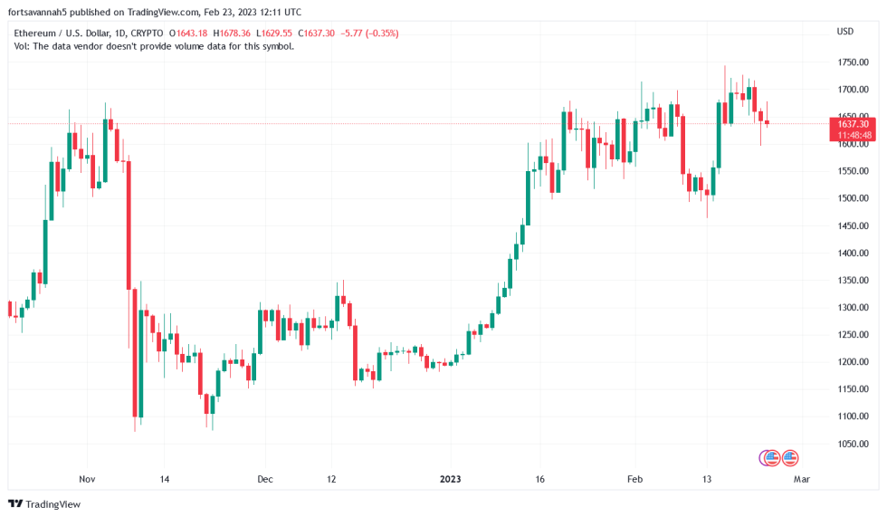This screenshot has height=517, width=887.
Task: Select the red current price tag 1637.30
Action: [x=853, y=124]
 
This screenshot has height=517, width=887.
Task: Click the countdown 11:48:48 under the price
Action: [x=853, y=135]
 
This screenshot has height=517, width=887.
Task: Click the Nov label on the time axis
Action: [x=87, y=478]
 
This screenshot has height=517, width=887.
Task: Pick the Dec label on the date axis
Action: [x=264, y=478]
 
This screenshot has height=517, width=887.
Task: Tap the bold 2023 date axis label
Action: [x=451, y=478]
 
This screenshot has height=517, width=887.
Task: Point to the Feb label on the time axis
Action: [x=635, y=478]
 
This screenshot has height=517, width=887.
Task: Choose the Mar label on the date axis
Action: [x=801, y=478]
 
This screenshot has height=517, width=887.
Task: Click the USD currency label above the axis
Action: [x=844, y=32]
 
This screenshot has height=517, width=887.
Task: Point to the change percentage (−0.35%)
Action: [x=380, y=34]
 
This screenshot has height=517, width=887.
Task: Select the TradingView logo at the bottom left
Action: [x=43, y=503]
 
